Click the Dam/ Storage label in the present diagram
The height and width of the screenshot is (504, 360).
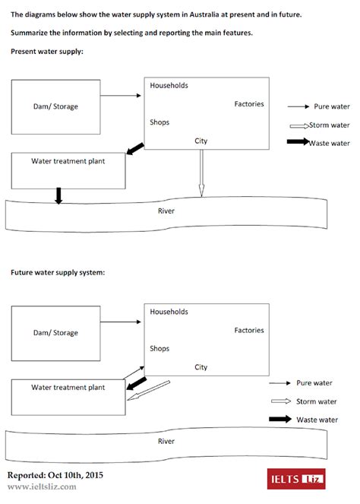[55, 106]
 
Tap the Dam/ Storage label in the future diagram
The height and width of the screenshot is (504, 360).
[55, 333]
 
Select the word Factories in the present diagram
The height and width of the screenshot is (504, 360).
[249, 104]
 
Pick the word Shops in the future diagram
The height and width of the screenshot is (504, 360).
[159, 349]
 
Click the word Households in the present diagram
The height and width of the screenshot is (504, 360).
[169, 85]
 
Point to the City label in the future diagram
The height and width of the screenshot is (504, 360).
[201, 367]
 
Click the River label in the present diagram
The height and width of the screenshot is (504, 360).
[166, 211]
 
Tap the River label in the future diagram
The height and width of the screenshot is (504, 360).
[166, 441]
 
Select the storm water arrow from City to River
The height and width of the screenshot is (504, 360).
[201, 173]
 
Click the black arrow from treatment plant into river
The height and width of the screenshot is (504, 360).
[58, 196]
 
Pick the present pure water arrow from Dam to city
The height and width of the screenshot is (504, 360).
[121, 96]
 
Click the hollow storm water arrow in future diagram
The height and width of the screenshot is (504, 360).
[149, 390]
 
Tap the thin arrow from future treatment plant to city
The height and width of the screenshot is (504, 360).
[134, 372]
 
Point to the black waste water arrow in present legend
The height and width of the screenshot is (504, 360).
[298, 141]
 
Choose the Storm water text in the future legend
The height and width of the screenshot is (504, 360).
[316, 401]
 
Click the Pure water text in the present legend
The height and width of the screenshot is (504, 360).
[332, 106]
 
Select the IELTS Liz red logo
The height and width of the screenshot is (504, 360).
[296, 479]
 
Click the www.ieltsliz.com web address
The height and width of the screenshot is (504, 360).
[42, 487]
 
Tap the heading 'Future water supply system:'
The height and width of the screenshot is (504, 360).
[58, 273]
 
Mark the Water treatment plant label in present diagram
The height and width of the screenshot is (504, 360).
[68, 161]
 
